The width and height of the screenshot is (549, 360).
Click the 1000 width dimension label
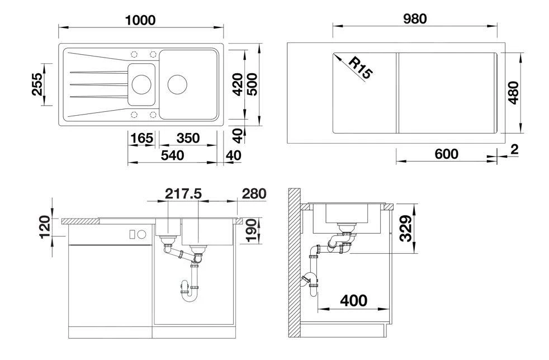[140, 20]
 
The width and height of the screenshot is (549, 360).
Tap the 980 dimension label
[414, 18]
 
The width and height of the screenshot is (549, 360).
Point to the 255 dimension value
[37, 84]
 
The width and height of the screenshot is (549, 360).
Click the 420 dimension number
[238, 84]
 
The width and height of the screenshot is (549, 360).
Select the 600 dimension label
[446, 154]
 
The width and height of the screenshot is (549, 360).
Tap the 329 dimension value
[406, 228]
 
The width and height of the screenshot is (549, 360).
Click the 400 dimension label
[353, 301]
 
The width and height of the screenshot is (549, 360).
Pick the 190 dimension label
[251, 230]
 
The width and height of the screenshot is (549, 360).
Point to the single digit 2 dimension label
[514, 149]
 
